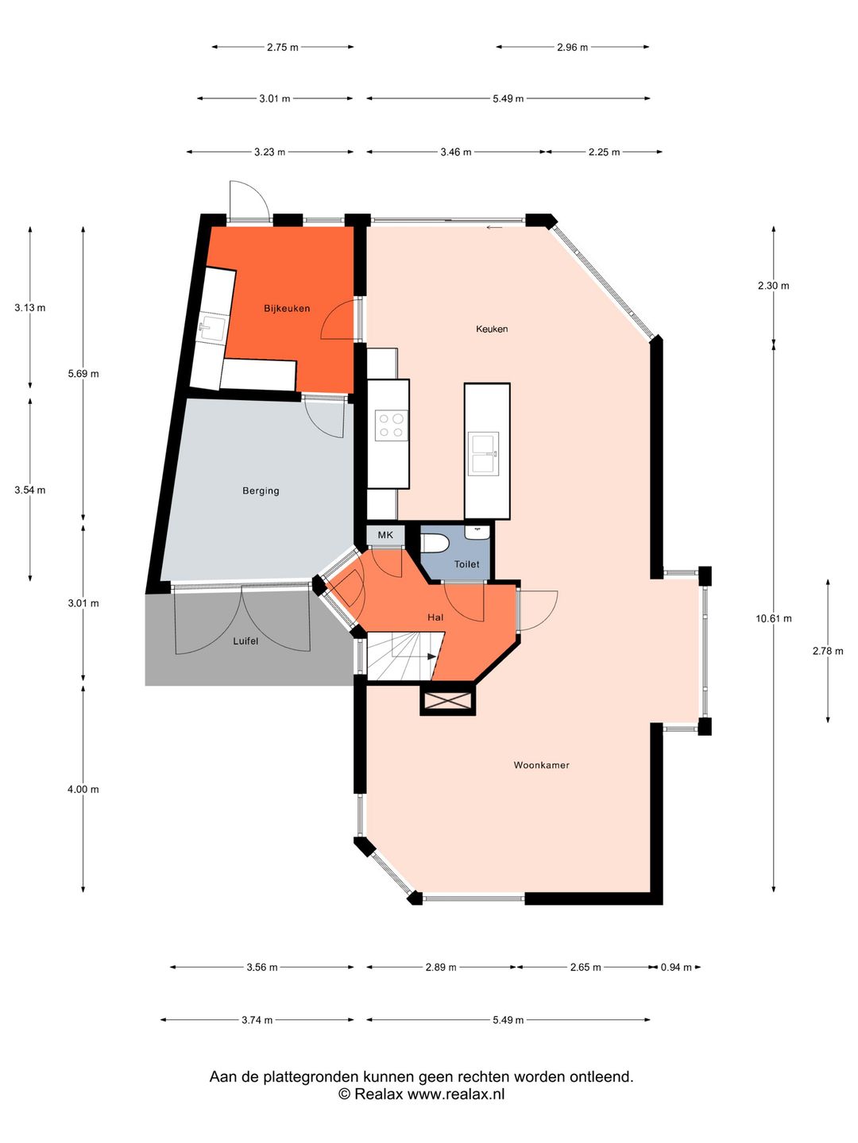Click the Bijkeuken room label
tap(287, 308)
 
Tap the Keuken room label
tap(492, 329)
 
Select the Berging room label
tap(261, 491)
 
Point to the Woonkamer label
tap(541, 765)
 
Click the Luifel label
tap(245, 641)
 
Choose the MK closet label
tap(385, 535)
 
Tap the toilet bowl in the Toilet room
tap(435, 543)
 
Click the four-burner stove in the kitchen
tap(390, 425)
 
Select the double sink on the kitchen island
tap(483, 453)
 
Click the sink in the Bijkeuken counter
tap(211, 328)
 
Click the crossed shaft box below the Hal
tap(448, 701)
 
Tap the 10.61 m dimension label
tap(773, 618)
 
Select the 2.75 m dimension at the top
tap(282, 48)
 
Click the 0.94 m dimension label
tap(676, 967)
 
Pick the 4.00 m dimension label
tap(83, 789)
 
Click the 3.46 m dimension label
tap(456, 152)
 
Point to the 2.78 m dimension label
tap(827, 651)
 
